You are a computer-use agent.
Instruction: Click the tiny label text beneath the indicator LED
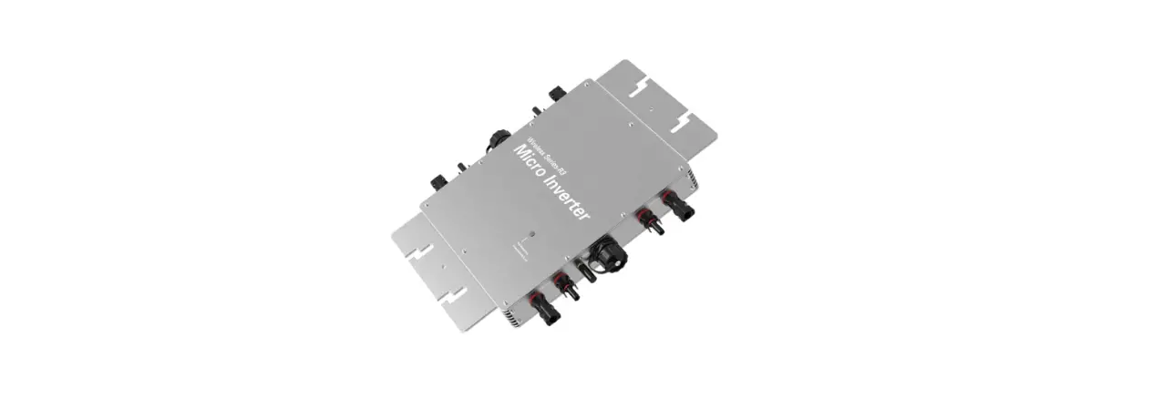click(x=520, y=250)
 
